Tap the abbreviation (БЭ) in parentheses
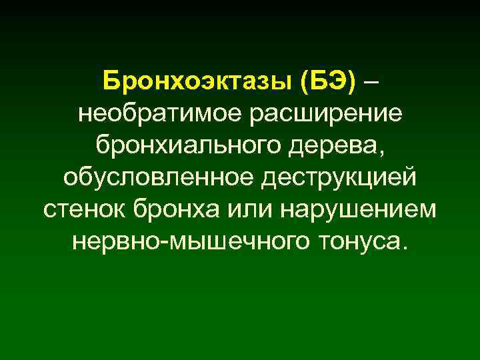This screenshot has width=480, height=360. coord(328,83)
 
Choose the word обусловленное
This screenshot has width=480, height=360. coord(160,178)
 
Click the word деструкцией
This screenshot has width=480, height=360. coord(339,178)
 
